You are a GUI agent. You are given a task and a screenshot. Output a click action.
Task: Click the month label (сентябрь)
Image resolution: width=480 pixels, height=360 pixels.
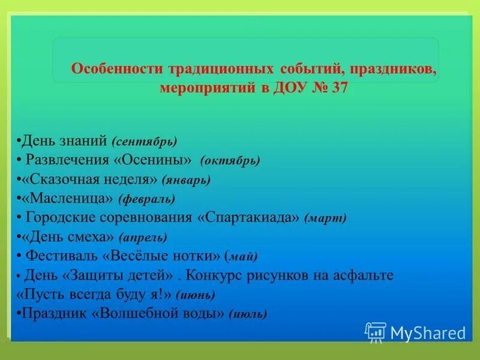click(x=144, y=142)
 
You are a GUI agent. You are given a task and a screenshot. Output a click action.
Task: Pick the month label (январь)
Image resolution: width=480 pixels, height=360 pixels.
click(x=187, y=179)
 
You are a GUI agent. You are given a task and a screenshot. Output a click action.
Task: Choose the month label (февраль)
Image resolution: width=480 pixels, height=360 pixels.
click(x=146, y=198)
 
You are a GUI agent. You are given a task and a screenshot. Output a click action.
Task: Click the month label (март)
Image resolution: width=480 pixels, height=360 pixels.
click(x=325, y=217)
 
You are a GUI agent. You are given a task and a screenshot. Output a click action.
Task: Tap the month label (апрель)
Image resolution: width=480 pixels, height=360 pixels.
click(x=143, y=236)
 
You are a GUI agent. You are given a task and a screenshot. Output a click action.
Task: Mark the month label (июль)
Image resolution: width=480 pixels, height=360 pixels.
click(x=248, y=314)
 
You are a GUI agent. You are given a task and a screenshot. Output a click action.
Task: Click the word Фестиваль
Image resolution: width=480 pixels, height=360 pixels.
click(x=62, y=256)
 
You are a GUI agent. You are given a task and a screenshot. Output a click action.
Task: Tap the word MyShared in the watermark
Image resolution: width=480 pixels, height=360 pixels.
click(x=428, y=333)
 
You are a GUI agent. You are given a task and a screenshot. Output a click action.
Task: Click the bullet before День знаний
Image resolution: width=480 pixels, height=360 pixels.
click(x=18, y=142)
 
